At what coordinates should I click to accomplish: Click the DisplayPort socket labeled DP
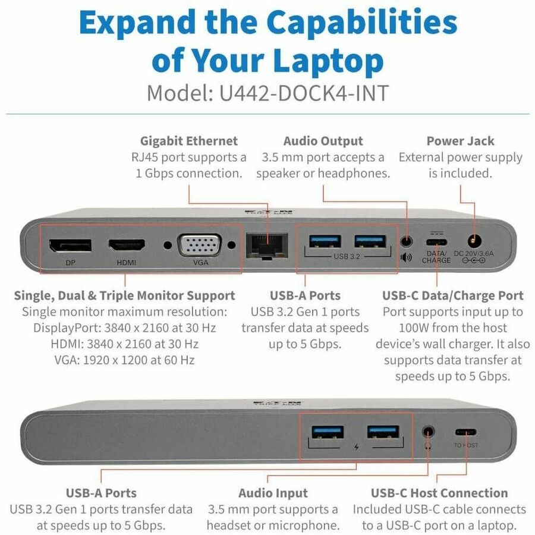coord(70,245)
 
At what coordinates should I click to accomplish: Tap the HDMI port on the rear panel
coord(127,244)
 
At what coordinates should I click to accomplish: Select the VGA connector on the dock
coord(201,244)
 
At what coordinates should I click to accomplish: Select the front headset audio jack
coord(429,432)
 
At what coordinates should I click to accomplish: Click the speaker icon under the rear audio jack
coord(407,258)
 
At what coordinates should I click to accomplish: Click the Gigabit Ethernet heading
coord(188,141)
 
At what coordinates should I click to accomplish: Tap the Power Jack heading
coord(460,141)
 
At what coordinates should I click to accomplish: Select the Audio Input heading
coord(273,493)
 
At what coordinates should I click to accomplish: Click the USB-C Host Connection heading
coord(439,493)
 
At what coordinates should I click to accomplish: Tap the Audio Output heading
coord(323,141)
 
